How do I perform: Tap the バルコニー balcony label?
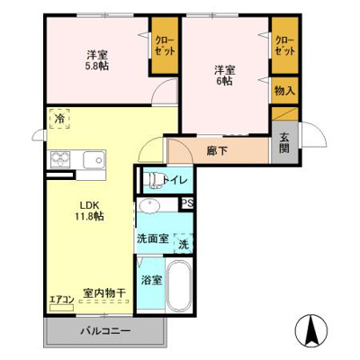coord(105,331)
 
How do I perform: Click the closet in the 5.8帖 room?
coord(165,47)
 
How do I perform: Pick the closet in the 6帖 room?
coord(284,47)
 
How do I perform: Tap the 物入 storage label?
coord(284,91)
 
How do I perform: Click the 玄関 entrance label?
coord(284,142)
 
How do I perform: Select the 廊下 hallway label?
coord(217,149)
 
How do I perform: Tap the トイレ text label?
coord(175,180)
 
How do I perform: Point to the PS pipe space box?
coord(187,204)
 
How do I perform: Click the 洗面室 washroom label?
coord(152,238)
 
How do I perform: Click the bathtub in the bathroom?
coord(181,287)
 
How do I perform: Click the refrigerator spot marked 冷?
coord(59,119)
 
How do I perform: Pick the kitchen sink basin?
coord(94,160)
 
